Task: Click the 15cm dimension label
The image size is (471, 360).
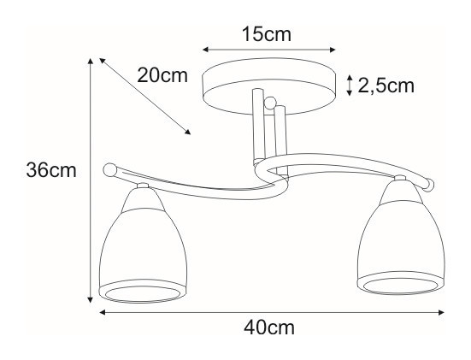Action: point(267,34)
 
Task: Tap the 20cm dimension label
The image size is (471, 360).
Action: point(162,75)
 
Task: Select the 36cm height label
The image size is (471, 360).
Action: point(51,170)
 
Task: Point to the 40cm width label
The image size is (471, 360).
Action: point(269,328)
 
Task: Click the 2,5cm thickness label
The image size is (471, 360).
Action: point(386,86)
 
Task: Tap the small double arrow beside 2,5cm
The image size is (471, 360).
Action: point(349,86)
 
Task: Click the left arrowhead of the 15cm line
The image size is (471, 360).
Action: point(205,50)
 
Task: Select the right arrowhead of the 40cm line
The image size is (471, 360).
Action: point(441,312)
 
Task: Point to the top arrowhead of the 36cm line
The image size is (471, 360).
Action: point(90,61)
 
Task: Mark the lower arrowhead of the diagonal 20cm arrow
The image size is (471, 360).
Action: point(188,132)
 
